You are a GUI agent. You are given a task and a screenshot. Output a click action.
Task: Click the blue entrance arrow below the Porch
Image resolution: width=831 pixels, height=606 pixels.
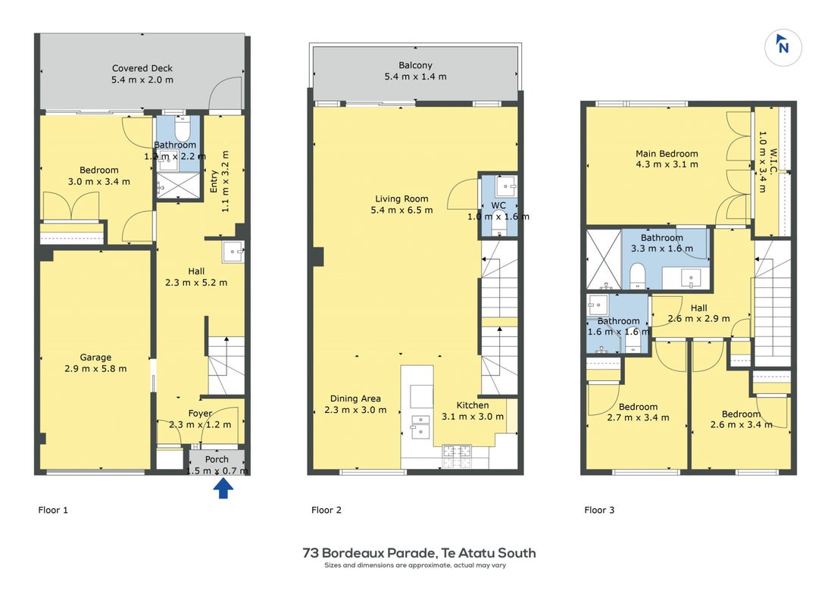point(223,489)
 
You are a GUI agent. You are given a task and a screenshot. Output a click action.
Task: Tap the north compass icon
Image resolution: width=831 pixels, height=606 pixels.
point(783,47)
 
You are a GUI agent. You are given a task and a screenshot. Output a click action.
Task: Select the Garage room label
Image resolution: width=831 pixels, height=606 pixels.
point(95,358)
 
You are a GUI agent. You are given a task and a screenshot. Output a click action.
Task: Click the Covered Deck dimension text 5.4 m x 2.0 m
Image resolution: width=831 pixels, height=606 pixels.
point(142,80)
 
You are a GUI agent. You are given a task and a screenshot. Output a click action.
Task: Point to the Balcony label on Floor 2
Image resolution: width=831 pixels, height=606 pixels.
point(415,65)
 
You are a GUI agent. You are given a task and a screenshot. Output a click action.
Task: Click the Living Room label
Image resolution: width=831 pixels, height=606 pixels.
point(401,198)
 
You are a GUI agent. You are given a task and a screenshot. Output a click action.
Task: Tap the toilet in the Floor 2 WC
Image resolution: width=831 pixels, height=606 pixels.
point(498,223)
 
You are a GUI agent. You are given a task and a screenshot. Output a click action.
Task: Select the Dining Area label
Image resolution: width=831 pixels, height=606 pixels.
point(355,398)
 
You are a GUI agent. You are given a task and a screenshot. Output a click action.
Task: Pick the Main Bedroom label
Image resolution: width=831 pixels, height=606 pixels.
point(667,154)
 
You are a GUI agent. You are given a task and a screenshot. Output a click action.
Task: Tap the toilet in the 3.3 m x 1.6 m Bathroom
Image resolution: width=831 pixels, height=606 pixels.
point(638,276)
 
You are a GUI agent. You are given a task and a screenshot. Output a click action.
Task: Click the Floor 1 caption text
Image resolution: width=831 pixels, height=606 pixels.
point(53,510)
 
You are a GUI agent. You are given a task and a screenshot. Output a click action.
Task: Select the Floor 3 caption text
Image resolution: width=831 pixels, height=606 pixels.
point(599,510)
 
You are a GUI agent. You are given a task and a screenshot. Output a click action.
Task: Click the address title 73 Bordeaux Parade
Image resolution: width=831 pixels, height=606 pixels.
point(369,553)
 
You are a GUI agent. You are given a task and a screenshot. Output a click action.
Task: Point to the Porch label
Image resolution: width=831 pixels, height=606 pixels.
point(217,459)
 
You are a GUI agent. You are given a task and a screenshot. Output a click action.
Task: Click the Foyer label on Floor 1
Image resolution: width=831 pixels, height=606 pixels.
point(200,414)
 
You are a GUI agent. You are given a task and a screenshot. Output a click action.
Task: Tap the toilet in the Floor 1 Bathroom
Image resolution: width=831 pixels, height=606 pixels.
point(182,129)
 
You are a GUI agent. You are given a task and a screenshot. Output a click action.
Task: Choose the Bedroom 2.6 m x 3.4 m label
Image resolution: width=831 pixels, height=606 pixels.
point(741,414)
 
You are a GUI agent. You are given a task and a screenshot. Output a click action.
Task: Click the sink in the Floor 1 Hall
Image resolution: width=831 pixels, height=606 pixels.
point(233,251)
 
